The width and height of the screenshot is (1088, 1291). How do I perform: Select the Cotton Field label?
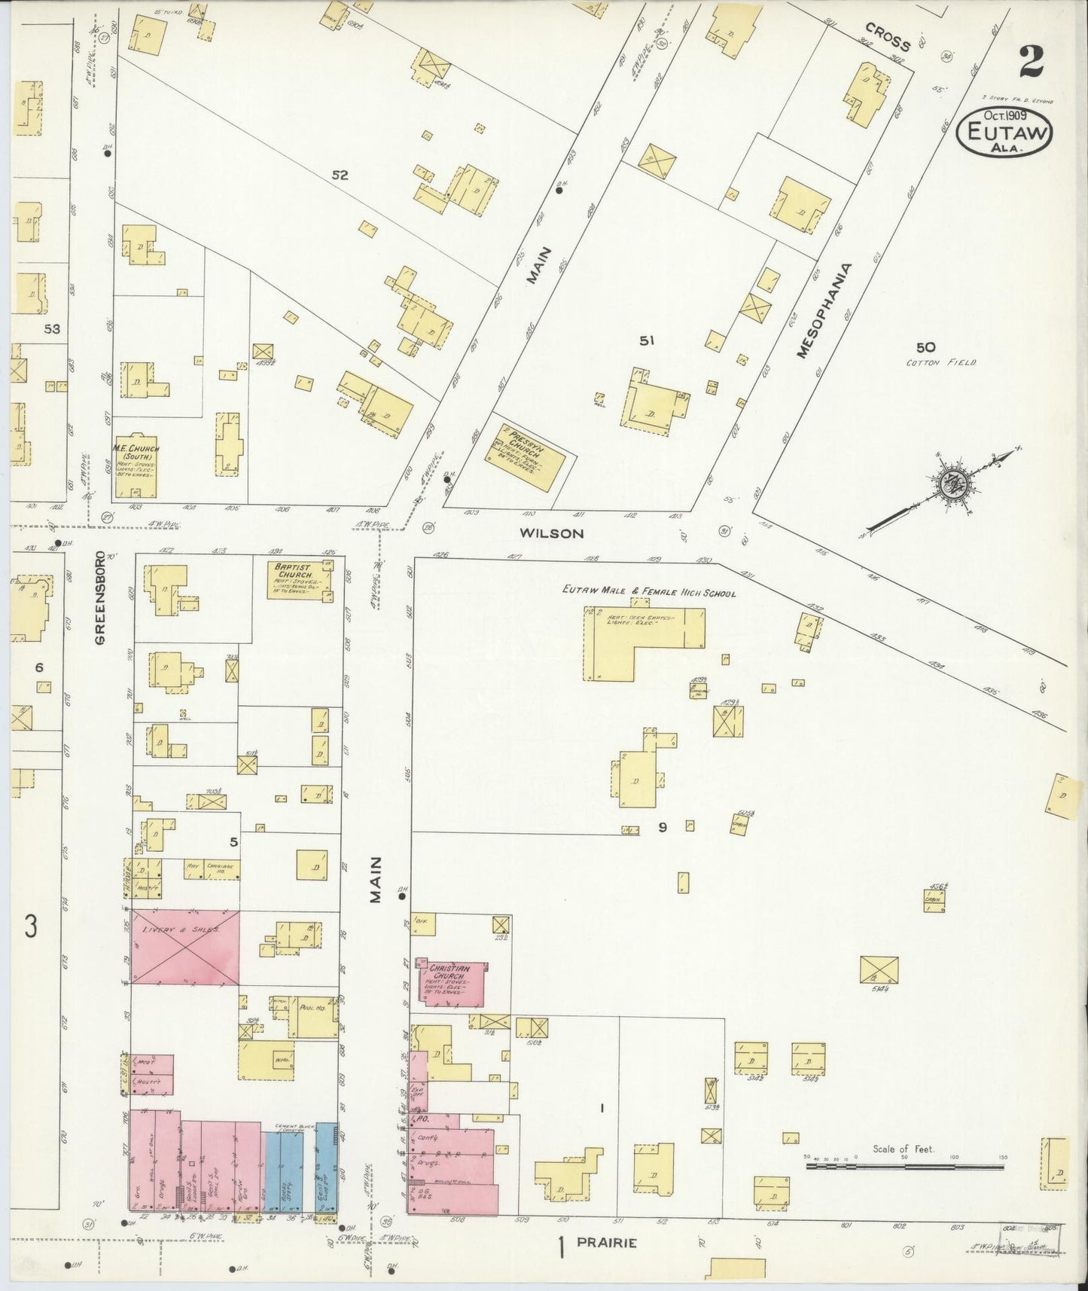[x=946, y=363]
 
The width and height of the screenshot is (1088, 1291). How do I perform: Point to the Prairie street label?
[x=606, y=1244]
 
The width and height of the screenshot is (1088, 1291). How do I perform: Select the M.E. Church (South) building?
[x=136, y=466]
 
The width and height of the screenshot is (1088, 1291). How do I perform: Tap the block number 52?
[x=340, y=175]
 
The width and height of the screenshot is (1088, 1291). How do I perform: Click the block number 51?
[x=646, y=340]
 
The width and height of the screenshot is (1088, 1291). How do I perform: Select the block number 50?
[x=925, y=347]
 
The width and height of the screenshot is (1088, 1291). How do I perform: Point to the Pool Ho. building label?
[x=309, y=1006]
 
